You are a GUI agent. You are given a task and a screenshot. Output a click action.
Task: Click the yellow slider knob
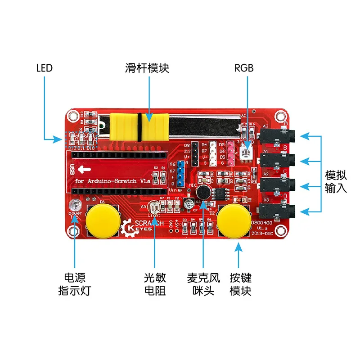(139, 127)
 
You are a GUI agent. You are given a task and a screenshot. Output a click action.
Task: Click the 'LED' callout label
(44, 68)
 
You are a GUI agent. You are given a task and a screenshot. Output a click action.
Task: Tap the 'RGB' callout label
(244, 68)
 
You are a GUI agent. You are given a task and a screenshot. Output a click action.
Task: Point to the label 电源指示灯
(75, 283)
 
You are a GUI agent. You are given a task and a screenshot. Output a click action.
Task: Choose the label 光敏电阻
(155, 283)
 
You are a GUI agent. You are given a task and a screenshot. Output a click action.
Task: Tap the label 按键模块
(240, 283)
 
